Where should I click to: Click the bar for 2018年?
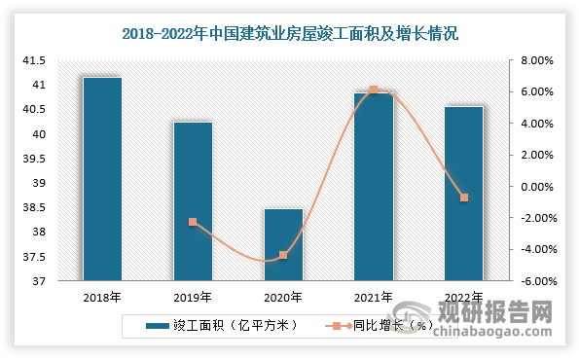coord(102,180)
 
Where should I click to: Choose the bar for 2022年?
coord(464,195)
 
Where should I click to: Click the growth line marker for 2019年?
coord(193,222)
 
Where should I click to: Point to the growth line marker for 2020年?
coord(283,255)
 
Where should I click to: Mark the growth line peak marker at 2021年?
coord(374,90)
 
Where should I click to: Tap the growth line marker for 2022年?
coord(464,198)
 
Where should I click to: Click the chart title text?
coord(290,33)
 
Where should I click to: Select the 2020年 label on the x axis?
coord(283,298)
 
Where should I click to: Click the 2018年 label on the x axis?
coord(102,298)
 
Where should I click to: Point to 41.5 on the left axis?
coord(34,60)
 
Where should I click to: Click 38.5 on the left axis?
coord(34,208)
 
